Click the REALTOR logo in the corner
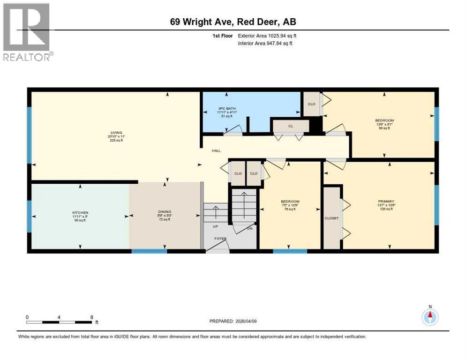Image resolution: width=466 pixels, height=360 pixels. click(x=27, y=32)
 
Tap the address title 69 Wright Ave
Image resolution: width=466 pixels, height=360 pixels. click(x=233, y=22)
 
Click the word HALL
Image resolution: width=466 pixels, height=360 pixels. click(x=216, y=150)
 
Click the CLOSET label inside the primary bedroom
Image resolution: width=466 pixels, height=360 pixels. click(x=331, y=218)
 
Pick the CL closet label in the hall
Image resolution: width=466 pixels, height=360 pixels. click(x=291, y=126)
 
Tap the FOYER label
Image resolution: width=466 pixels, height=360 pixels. click(x=220, y=239)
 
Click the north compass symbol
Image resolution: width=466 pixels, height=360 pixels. click(x=429, y=316)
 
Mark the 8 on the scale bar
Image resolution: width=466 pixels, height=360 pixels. click(x=91, y=317)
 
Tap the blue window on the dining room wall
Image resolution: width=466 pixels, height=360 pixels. click(x=149, y=252)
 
